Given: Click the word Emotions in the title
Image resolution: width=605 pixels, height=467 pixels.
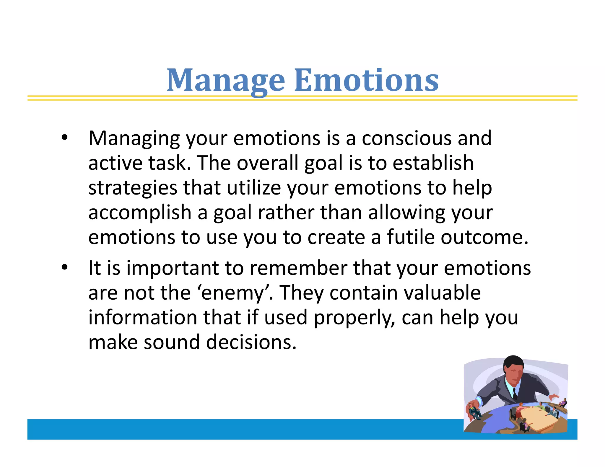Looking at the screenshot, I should click(x=366, y=80).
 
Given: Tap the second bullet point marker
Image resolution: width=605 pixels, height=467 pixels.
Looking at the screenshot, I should click(x=64, y=267).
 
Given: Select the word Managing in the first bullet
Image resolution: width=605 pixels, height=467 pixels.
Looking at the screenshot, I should click(x=134, y=139).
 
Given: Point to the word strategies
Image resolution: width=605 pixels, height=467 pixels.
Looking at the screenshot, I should click(x=132, y=188).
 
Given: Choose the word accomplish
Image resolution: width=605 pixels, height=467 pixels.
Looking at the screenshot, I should click(x=140, y=213).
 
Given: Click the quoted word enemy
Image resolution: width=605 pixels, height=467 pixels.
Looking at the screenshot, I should click(x=232, y=293).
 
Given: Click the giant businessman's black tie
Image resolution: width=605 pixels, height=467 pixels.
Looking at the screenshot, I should click(x=515, y=394).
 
